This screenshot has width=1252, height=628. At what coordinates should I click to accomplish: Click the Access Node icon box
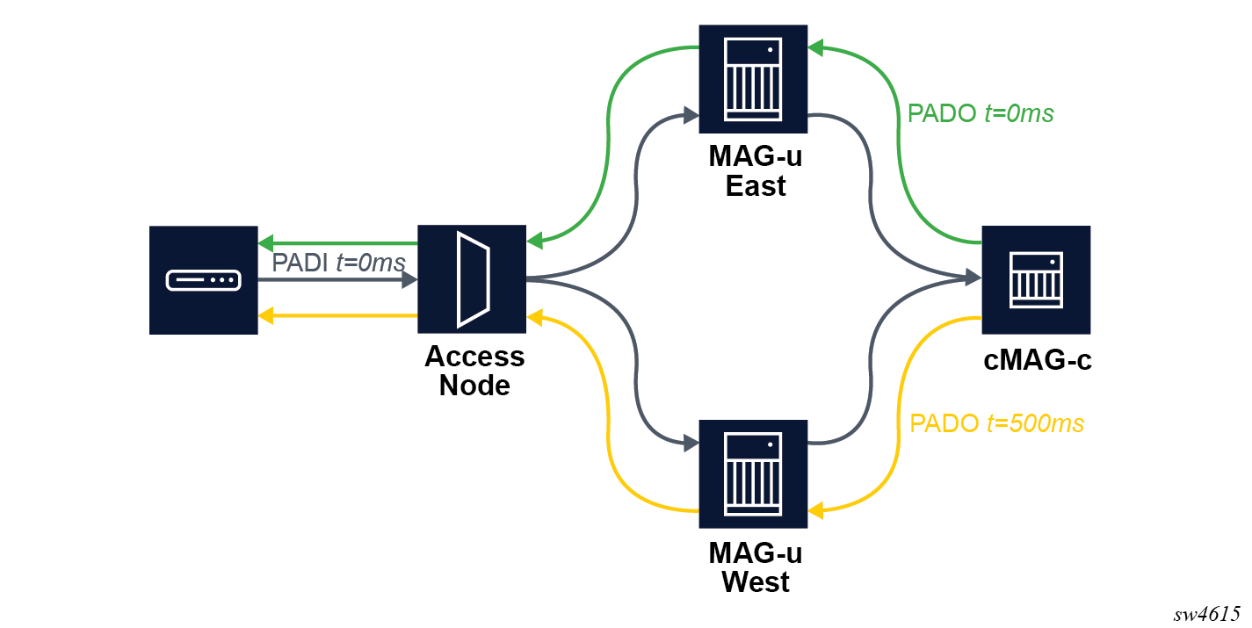click(471, 279)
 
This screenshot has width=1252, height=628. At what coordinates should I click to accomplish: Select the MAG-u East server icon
click(753, 78)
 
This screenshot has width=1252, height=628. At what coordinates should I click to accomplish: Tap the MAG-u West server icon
click(753, 473)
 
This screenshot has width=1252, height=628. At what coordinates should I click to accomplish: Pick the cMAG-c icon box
click(1035, 279)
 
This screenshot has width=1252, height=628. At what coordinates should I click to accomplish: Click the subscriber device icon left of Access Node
click(203, 280)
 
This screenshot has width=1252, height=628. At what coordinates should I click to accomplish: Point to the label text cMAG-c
click(1038, 360)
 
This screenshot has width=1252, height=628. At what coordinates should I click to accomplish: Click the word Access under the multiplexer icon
click(474, 357)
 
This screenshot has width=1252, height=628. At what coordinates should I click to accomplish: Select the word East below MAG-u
click(756, 186)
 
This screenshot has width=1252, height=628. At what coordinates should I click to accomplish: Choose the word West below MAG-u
click(756, 581)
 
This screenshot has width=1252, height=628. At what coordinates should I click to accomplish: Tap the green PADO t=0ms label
click(981, 113)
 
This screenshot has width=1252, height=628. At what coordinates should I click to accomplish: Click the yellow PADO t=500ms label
click(996, 423)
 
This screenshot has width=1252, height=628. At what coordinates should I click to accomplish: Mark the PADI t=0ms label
click(338, 263)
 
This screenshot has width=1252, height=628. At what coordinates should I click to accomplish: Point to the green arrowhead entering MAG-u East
click(816, 47)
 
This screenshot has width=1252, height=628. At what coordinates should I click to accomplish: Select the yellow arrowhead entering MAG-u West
click(816, 509)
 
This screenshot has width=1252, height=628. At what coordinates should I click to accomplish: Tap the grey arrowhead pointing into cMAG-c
click(973, 279)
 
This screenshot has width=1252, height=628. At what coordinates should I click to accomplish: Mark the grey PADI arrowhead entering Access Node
click(409, 280)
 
